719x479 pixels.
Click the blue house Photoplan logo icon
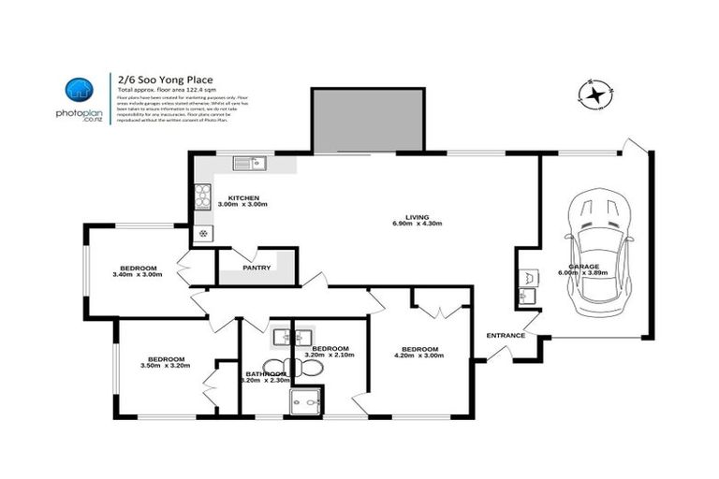point(79,91)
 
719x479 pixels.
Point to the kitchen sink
point(250,166)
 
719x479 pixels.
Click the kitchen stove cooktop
point(203,196)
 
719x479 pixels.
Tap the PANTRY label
point(257,269)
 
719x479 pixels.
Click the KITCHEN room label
point(242,197)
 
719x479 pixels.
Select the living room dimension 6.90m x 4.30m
point(417,225)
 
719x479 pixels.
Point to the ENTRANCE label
point(505,336)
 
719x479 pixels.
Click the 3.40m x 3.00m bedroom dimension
point(138,275)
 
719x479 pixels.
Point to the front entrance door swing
point(497,354)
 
